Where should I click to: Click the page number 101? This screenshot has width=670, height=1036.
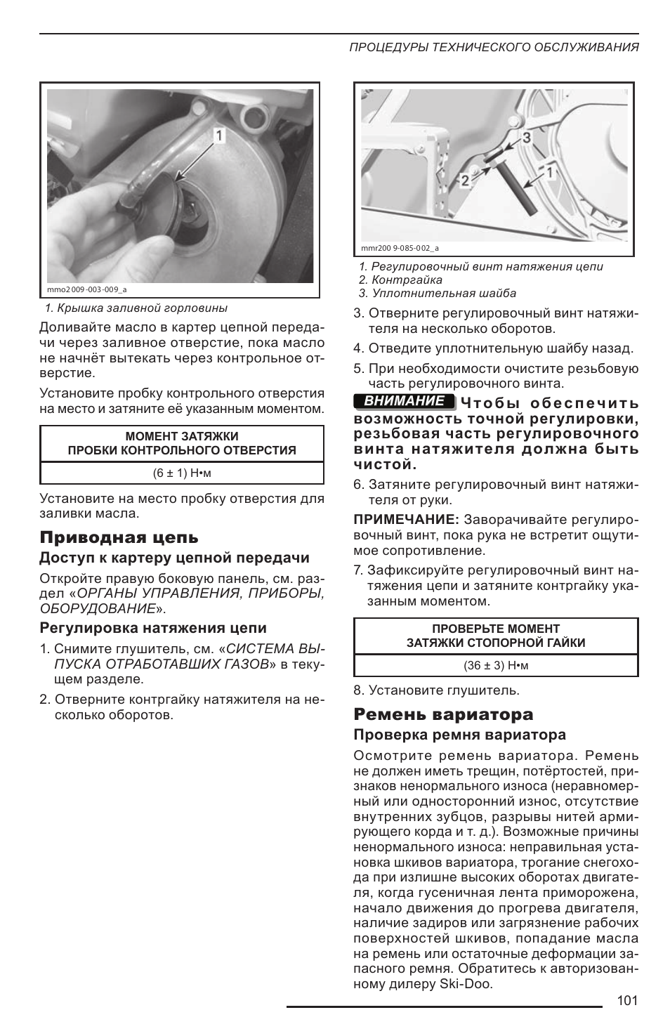tap(626, 1000)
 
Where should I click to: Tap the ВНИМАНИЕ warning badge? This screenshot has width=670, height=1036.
tap(404, 401)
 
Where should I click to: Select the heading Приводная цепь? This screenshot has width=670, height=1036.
tap(119, 537)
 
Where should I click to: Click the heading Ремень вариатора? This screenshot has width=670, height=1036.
tap(443, 714)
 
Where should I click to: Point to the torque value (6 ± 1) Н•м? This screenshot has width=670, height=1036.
tap(182, 473)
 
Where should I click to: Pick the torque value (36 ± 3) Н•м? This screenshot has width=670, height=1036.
tap(496, 665)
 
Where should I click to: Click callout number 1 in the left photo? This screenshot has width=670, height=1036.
tap(219, 135)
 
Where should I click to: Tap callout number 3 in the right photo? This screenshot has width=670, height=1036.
tap(527, 138)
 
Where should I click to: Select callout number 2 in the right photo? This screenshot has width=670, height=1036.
tap(465, 181)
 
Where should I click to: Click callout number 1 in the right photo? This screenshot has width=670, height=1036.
tap(550, 171)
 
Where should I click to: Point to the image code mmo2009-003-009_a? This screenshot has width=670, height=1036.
tap(86, 289)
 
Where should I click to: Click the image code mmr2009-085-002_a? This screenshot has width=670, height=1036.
tap(400, 248)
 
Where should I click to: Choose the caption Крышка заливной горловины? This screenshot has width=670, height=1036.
tap(136, 308)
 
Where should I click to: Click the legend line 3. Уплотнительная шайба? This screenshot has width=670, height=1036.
tap(437, 293)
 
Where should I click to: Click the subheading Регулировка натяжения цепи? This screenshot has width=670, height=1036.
tap(153, 628)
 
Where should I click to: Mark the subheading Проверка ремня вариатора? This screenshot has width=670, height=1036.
tap(459, 735)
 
